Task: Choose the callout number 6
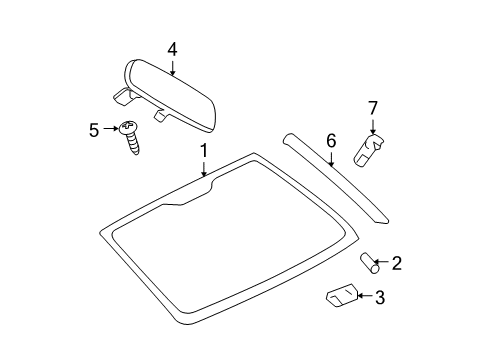click(x=330, y=142)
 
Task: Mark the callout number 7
click(x=373, y=107)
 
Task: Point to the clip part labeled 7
click(x=369, y=151)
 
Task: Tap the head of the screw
click(x=128, y=127)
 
